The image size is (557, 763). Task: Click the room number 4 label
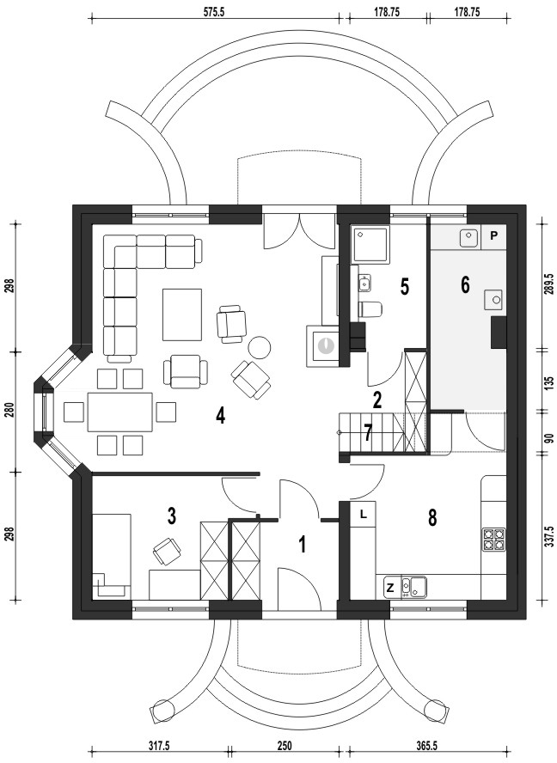[x=221, y=416]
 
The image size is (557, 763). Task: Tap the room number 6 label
[x=465, y=284]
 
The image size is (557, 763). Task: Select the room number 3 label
[x=171, y=516]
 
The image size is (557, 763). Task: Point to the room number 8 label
[x=432, y=518]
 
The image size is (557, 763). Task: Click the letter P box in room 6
[x=493, y=236]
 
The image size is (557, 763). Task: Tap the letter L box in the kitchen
[x=363, y=513]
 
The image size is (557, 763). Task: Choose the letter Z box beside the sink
[x=390, y=588]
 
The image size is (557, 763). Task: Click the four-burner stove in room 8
[x=493, y=539]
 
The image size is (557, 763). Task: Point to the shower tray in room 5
[x=370, y=245]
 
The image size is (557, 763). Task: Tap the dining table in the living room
[x=119, y=412]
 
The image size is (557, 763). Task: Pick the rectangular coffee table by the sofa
[x=182, y=314]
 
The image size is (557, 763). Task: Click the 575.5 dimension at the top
[x=214, y=13]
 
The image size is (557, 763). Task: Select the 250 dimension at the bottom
[x=284, y=746]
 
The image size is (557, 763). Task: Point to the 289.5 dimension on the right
[x=550, y=282]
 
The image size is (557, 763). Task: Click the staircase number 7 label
[x=368, y=432]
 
